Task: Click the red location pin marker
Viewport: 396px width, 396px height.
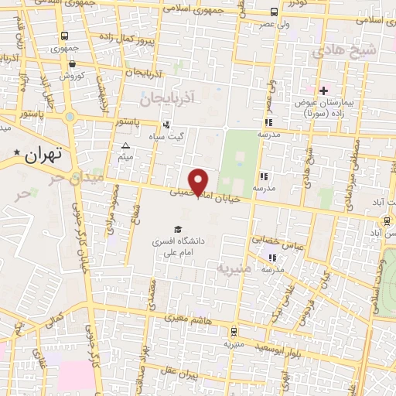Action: (200, 181)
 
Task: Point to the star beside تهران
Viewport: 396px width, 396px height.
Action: (17, 154)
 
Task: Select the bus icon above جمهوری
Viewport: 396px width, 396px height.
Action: (64, 36)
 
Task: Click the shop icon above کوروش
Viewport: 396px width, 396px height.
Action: (72, 65)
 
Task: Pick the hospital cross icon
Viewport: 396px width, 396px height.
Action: (324, 90)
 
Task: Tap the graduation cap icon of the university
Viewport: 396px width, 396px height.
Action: (178, 229)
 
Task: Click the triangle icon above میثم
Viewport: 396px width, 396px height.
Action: (126, 145)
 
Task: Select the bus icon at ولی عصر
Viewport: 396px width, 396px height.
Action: (275, 12)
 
